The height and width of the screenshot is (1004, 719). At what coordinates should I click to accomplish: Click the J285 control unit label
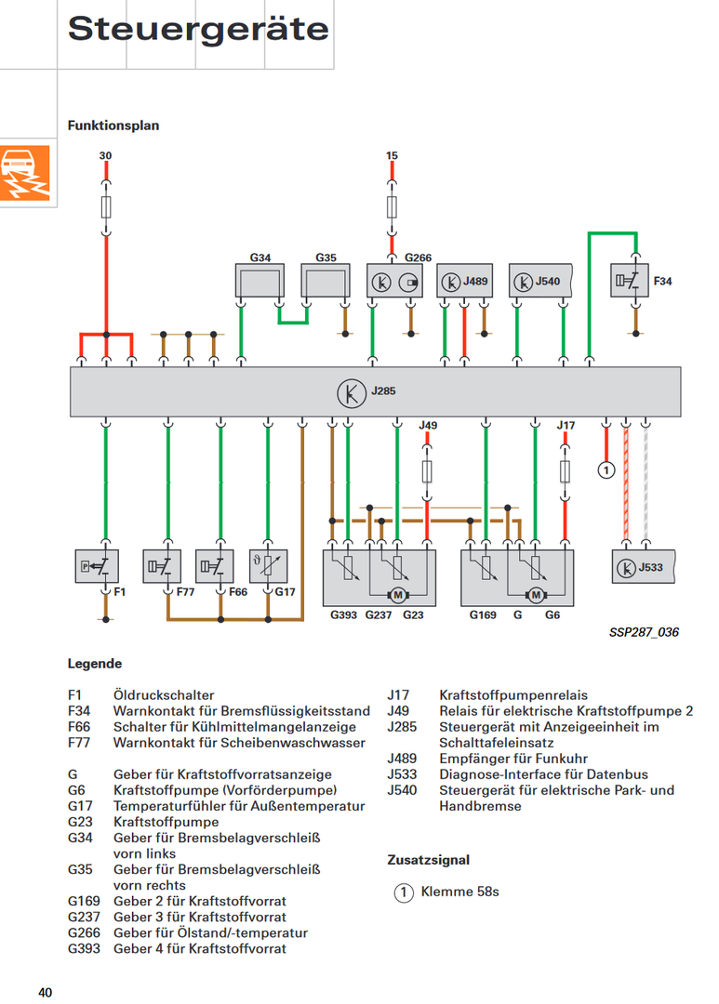click(383, 390)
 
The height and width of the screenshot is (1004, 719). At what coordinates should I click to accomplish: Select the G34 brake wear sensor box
click(260, 281)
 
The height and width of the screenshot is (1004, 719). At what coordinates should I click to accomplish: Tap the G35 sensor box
click(326, 281)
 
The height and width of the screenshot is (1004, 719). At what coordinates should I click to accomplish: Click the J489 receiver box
click(464, 281)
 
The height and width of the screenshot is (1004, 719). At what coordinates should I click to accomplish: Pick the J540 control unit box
click(540, 281)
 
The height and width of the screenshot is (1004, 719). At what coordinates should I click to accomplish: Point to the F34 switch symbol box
click(629, 281)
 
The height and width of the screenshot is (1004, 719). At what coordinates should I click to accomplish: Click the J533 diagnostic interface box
click(644, 567)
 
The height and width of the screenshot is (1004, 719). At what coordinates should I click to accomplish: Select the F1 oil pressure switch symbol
click(97, 566)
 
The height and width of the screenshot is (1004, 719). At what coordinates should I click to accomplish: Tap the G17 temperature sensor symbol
click(269, 566)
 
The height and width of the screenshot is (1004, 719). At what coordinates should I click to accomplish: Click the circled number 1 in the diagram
click(606, 470)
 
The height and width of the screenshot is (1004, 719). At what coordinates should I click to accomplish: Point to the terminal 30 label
click(106, 155)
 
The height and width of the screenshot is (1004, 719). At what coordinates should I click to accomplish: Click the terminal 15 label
click(392, 155)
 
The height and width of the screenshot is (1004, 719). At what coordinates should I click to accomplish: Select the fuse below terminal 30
click(106, 206)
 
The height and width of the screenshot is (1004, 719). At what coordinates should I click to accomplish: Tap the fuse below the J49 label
click(427, 472)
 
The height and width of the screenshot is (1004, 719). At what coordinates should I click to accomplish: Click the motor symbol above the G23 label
click(398, 596)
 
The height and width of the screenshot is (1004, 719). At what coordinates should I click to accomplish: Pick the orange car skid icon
click(25, 173)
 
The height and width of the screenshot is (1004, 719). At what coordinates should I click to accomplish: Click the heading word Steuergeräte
click(198, 29)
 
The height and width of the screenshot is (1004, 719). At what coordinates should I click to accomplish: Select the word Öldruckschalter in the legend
click(164, 694)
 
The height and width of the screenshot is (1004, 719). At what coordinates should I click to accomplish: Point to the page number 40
click(45, 993)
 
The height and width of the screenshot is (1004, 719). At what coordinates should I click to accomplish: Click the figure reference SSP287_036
click(644, 632)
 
